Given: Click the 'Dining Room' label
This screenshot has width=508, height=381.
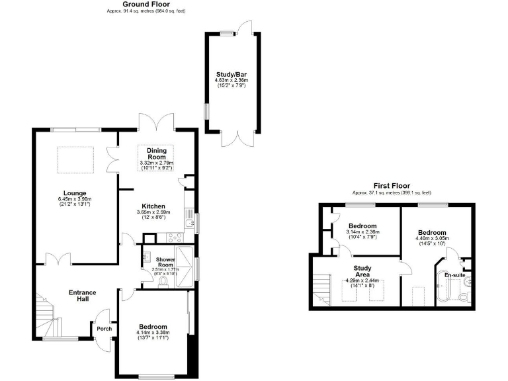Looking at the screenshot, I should coord(156,153).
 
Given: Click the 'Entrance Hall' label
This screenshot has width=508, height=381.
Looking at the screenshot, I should coord(83,296).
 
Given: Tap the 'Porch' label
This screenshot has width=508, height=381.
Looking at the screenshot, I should coord(105,329).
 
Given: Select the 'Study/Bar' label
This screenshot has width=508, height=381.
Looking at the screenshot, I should coord(230,74).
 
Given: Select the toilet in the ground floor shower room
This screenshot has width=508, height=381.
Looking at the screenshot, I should coord(163,280).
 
